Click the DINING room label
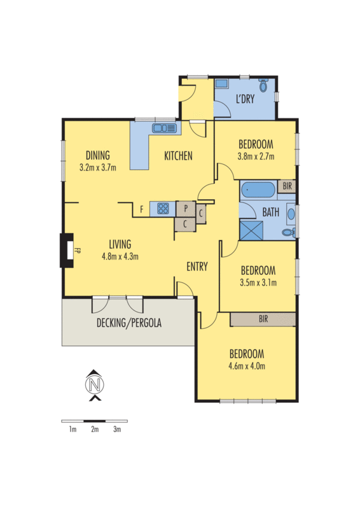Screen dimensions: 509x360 97,155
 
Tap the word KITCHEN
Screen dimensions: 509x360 178,156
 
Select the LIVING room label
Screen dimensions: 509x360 120,244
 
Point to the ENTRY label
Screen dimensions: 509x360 197,267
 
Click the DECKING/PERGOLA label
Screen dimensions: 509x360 129,323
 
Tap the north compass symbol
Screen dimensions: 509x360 94,385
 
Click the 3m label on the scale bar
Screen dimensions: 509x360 117,430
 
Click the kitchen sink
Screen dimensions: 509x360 164,128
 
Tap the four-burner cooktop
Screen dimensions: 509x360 163,208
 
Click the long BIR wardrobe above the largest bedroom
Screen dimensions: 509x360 263,319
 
